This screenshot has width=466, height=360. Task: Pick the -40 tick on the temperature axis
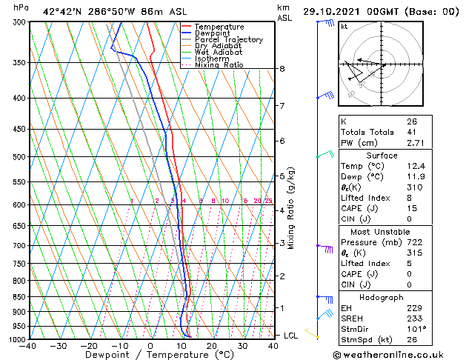(29, 346)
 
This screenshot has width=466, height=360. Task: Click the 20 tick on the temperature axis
(212, 346)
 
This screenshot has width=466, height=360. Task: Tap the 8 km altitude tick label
(282, 69)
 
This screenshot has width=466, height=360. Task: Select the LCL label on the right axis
(291, 336)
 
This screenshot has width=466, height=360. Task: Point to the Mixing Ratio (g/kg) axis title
(291, 208)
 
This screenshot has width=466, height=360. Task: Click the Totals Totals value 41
(411, 132)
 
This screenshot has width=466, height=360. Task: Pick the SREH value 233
(413, 319)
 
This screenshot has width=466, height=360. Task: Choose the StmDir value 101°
(416, 329)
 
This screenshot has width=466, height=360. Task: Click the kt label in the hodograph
(344, 27)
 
